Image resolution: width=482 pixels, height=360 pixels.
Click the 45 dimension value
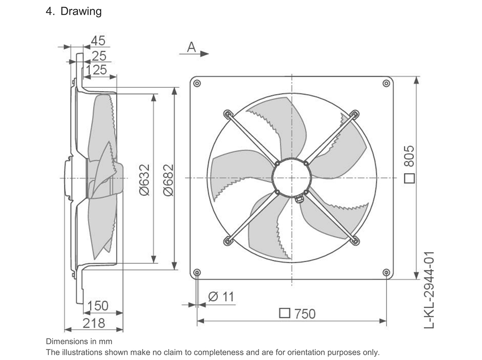tap(98, 40)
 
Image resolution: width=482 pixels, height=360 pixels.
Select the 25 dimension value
tap(99, 56)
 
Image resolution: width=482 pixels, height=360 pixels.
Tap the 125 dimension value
tap(96, 70)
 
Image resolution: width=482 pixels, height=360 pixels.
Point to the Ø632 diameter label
tap(144, 180)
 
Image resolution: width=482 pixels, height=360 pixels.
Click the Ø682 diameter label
tap(168, 180)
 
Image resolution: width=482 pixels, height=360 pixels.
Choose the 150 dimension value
tap(98, 306)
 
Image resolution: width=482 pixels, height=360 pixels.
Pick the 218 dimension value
tap(94, 323)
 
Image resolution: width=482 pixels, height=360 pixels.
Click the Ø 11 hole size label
tap(221, 297)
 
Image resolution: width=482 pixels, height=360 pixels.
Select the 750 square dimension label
tap(297, 314)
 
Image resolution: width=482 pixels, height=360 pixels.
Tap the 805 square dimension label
tap(409, 164)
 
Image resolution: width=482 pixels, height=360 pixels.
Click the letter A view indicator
tap(191, 47)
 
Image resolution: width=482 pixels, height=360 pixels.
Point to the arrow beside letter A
tap(194, 54)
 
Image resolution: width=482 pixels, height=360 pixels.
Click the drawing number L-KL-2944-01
tap(429, 290)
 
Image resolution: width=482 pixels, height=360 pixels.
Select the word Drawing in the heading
tap(81, 11)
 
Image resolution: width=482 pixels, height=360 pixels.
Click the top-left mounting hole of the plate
tap(197, 83)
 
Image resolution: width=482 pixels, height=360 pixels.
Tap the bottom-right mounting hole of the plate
tap(387, 272)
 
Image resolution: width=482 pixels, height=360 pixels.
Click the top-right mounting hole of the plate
tap(387, 83)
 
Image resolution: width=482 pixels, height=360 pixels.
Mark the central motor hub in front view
tap(292, 178)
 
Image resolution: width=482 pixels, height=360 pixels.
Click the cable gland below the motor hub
tap(299, 199)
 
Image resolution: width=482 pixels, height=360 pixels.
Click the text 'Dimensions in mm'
tap(79, 341)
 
